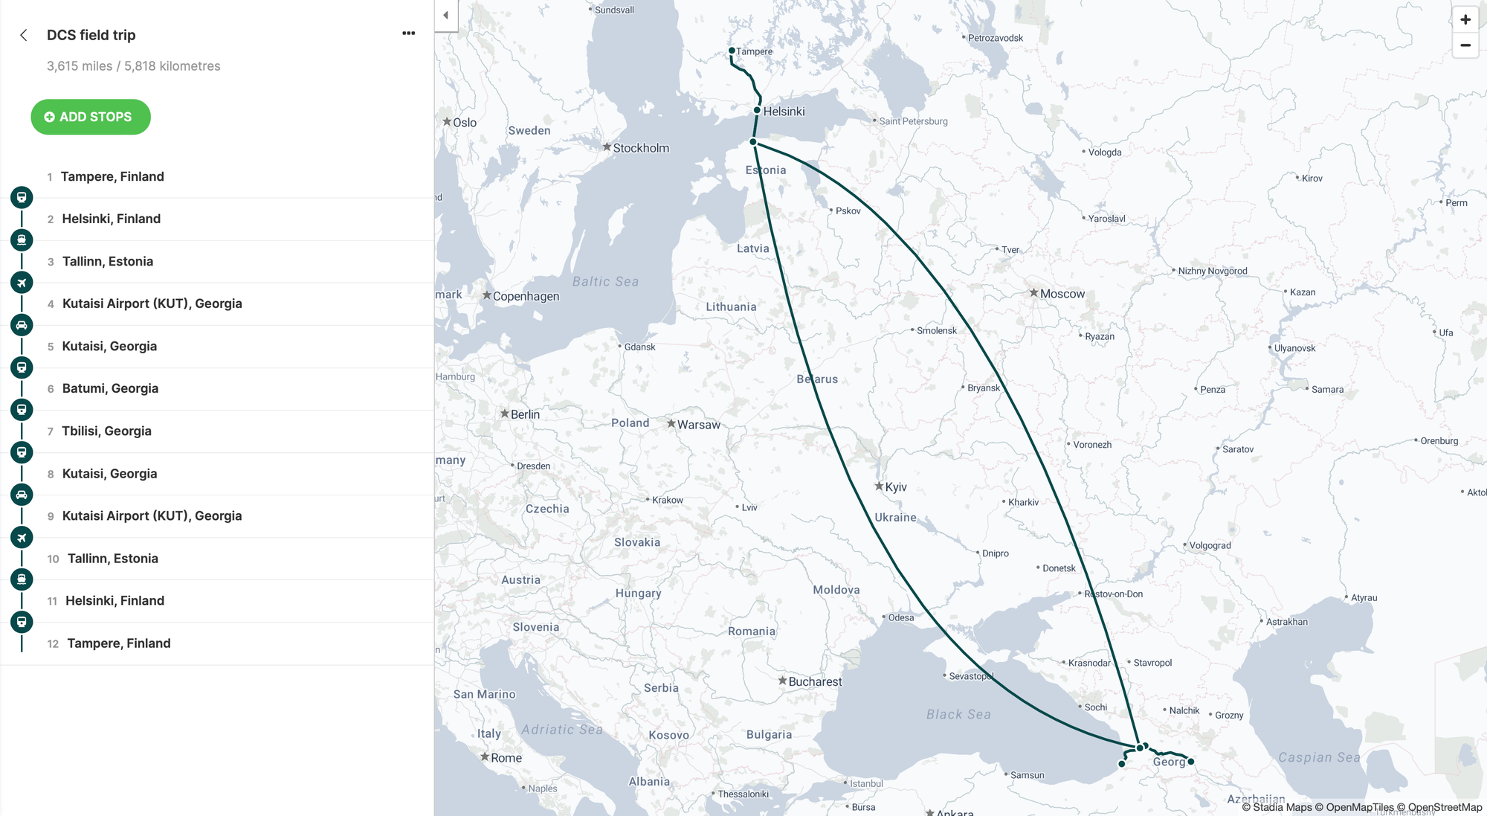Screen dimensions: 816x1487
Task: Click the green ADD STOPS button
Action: tap(91, 117)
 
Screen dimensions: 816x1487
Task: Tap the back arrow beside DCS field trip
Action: tap(24, 35)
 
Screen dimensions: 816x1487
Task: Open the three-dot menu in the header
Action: tap(408, 33)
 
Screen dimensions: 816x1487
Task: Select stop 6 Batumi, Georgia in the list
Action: tap(110, 388)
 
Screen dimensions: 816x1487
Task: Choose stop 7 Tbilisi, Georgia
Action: tap(106, 431)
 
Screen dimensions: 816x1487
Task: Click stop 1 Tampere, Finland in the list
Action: tap(112, 176)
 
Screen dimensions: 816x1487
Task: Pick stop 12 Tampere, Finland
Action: tap(118, 643)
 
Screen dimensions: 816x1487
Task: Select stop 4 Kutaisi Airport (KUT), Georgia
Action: tap(152, 303)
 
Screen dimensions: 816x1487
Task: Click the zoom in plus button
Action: tap(1465, 19)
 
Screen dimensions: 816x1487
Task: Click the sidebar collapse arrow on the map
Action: tap(445, 15)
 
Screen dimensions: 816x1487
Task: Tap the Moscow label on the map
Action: tap(1062, 294)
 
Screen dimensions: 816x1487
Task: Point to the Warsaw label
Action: tap(698, 425)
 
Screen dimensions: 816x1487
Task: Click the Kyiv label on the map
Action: tap(895, 487)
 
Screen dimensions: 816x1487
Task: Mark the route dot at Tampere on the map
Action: tap(732, 51)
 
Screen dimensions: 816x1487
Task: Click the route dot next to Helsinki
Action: tap(757, 110)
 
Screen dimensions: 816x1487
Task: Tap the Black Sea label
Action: tap(958, 714)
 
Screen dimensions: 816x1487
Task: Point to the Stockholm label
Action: tap(640, 148)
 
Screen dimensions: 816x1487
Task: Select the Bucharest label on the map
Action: tap(815, 681)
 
